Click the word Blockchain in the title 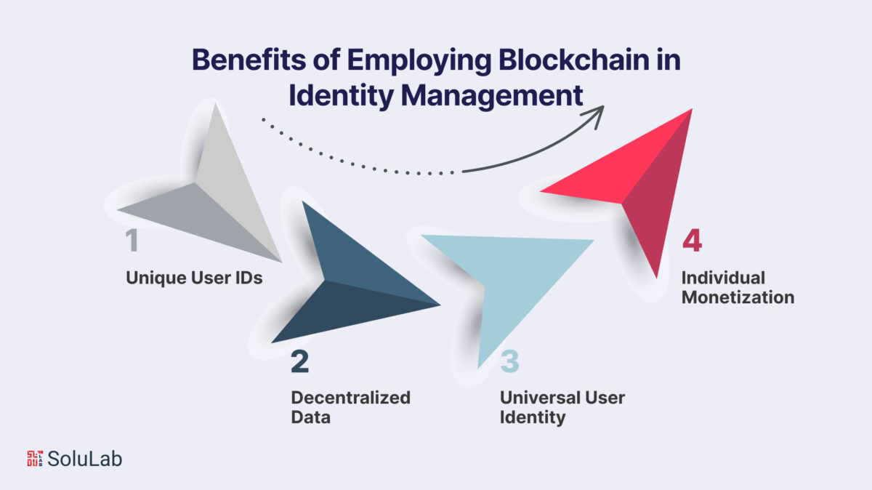(x=573, y=60)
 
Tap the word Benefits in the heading (x=249, y=60)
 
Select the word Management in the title (x=492, y=96)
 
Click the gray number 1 (x=132, y=240)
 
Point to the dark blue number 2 (x=299, y=361)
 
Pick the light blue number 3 (x=509, y=361)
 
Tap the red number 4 (x=692, y=241)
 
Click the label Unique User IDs (x=194, y=278)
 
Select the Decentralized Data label (x=350, y=407)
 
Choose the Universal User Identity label (x=562, y=407)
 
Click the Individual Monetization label (x=738, y=287)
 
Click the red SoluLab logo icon (x=35, y=459)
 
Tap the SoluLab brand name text (x=84, y=459)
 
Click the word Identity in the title (x=341, y=96)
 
